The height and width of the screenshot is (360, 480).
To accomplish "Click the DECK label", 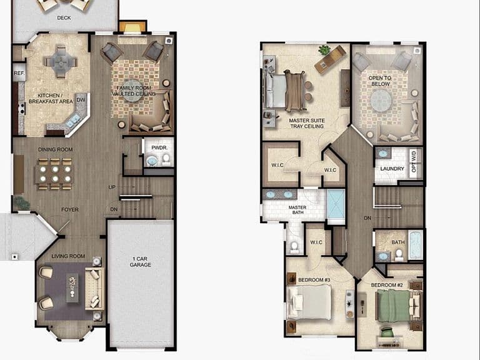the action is pyautogui.click(x=64, y=17).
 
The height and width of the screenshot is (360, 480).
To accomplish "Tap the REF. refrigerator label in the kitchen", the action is pyautogui.click(x=19, y=74).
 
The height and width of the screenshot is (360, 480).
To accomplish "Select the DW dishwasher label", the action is pyautogui.click(x=81, y=100).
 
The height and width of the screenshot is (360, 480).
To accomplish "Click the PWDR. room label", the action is pyautogui.click(x=159, y=147).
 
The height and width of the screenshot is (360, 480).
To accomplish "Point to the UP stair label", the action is pyautogui.click(x=112, y=187).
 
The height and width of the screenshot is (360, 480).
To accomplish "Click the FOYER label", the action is pyautogui.click(x=70, y=210).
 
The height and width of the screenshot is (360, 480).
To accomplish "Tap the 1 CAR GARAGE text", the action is pyautogui.click(x=140, y=262).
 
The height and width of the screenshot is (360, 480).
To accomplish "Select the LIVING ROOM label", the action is pyautogui.click(x=68, y=256).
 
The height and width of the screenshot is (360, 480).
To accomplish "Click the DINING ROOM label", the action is pyautogui.click(x=56, y=149).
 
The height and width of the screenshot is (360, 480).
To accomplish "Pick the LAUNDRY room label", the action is pyautogui.click(x=392, y=169).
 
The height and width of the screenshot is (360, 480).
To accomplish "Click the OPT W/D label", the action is pyautogui.click(x=414, y=161).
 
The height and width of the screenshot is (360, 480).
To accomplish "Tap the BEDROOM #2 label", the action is pyautogui.click(x=387, y=285).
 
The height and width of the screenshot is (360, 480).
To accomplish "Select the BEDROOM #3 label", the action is pyautogui.click(x=314, y=280).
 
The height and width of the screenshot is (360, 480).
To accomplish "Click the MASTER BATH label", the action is pyautogui.click(x=297, y=210).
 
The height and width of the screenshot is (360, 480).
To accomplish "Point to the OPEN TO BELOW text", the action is pyautogui.click(x=380, y=81).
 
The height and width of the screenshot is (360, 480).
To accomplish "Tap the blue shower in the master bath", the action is pyautogui.click(x=336, y=204).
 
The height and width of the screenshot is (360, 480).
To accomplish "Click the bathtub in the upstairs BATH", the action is pyautogui.click(x=416, y=246).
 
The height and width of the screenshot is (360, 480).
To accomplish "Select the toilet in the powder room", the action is pyautogui.click(x=166, y=159).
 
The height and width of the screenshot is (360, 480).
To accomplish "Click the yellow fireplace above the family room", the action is pyautogui.click(x=132, y=27).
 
